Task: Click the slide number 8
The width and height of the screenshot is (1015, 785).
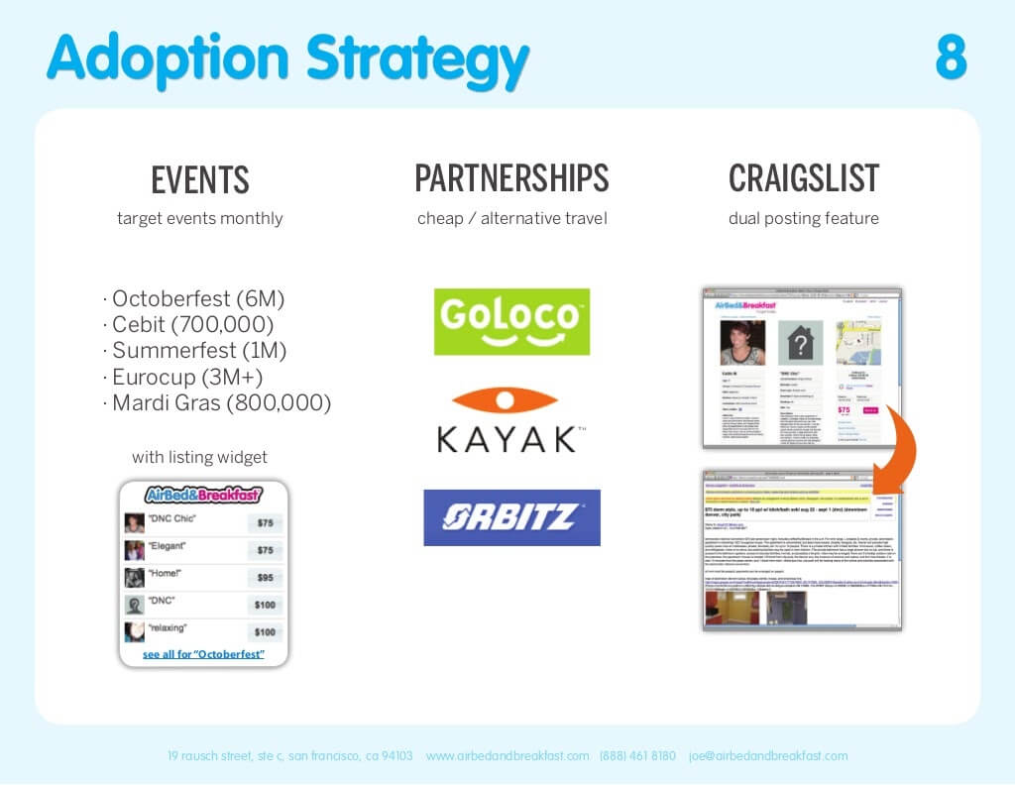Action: point(950,58)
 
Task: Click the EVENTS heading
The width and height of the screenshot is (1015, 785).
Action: point(200,180)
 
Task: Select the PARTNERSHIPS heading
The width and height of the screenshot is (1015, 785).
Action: point(511,178)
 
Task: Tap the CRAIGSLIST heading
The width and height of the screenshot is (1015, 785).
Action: point(804,178)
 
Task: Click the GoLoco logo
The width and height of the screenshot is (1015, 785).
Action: point(511,321)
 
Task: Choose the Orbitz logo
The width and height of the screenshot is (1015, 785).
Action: point(511,517)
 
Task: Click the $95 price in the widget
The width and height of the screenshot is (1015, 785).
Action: point(265,577)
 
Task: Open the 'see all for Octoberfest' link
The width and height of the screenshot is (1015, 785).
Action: point(203,654)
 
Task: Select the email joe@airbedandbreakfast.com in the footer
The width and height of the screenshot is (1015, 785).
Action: point(768,755)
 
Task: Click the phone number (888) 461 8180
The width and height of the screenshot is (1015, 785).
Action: point(637,755)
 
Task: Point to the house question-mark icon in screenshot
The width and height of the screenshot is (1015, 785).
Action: point(799,343)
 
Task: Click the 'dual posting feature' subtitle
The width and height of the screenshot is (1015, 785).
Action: point(804,218)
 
